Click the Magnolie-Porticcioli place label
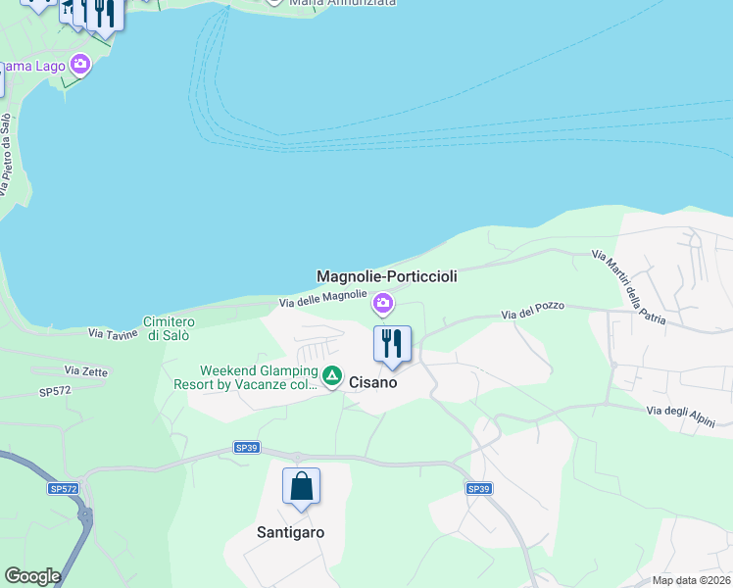386,277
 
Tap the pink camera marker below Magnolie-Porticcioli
383,306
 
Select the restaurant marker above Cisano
392,344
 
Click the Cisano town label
373,383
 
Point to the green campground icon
332,376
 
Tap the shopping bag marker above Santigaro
301,486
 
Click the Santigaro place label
290,532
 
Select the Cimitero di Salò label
169,328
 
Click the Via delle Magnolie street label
323,299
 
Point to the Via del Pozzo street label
533,313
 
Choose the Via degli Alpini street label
688,416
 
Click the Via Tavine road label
112,334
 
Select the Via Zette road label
84,370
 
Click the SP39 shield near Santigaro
246,448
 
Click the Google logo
32,576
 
